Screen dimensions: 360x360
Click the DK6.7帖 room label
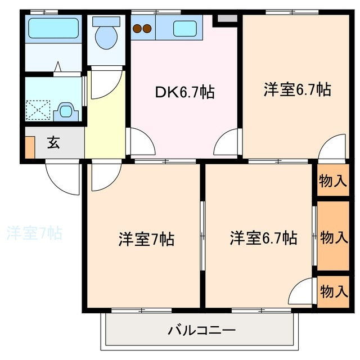pos(184,92)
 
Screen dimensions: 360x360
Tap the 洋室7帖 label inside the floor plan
pos(146,239)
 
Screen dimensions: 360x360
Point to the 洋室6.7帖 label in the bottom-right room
pos(263,238)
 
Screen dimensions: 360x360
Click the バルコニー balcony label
pos(201,330)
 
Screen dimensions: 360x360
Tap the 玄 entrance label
pos(53,143)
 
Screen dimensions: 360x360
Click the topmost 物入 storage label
pos(333,181)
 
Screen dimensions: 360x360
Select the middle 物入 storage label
pos(333,237)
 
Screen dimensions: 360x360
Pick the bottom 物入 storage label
pos(333,291)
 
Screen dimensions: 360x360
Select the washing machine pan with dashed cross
pos(39,109)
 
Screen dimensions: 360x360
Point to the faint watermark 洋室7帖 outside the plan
pos(34,232)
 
